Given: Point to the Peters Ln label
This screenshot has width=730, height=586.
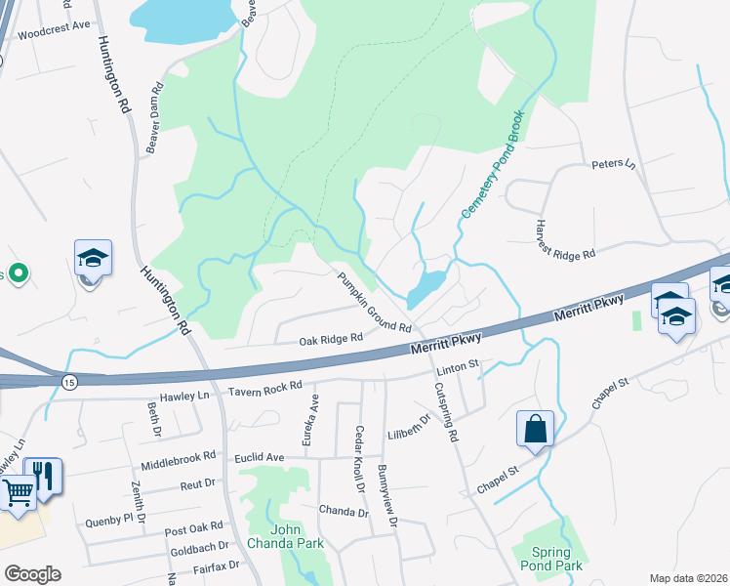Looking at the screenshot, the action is pos(613,164).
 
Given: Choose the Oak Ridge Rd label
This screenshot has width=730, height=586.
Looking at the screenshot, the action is pos(331,339).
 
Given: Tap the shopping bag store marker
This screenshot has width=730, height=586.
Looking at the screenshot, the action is pos(536,428).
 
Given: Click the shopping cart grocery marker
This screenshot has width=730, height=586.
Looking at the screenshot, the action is pos(17,491).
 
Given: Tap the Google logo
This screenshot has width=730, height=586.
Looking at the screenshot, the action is pos(32,574).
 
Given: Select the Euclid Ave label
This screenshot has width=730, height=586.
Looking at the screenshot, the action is pos(259,457).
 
